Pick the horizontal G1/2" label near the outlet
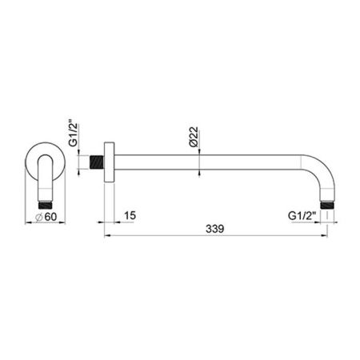click(303, 215)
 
